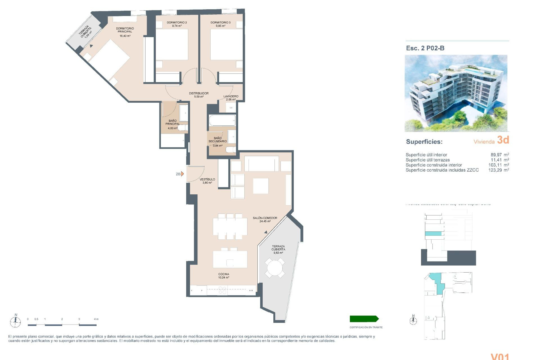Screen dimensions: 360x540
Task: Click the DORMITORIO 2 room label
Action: pos(177,22)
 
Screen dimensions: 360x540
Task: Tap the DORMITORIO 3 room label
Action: pos(220,22)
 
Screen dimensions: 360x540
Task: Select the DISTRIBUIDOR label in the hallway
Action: pos(199,93)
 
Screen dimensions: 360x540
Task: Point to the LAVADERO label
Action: pos(231,96)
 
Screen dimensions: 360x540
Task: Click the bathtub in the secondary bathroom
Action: pos(222,120)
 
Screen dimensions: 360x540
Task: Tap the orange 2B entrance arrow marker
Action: pos(182,174)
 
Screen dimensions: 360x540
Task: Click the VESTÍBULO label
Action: pos(207,179)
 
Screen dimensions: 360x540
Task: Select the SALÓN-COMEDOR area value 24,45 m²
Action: pos(265,221)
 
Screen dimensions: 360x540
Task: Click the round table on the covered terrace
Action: pos(275,268)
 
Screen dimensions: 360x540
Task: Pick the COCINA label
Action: pos(224,274)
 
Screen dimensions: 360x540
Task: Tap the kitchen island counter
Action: pos(230,259)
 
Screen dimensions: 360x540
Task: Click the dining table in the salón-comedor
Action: pos(230,227)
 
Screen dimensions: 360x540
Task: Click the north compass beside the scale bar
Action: pos(15,321)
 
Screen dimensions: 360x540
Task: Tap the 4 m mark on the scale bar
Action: pos(96,319)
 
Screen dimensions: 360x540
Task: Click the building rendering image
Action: pos(456,93)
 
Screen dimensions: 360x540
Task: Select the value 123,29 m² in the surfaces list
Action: pos(498,170)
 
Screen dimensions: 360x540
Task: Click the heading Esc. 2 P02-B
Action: pos(425,48)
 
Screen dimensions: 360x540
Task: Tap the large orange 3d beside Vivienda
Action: pos(503,140)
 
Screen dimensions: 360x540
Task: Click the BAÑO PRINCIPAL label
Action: pos(172,122)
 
